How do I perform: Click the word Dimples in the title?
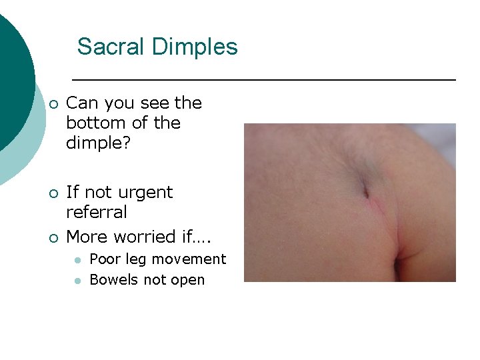pos(195,47)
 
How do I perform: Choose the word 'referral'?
pos(97,213)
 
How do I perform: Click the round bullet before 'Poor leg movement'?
pos(77,259)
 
